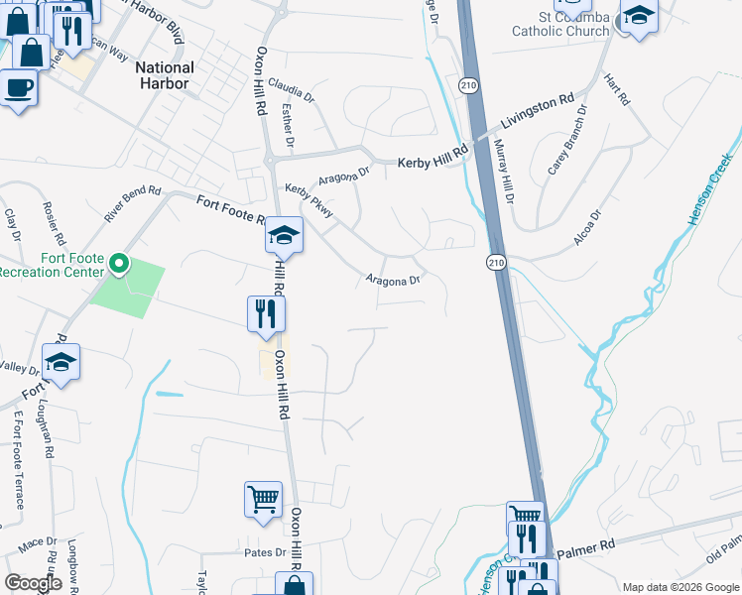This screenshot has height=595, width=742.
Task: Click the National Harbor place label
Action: coord(164,75)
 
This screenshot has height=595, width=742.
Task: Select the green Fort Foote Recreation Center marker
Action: coord(119,264)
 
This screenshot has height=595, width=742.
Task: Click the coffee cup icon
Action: coord(19,88)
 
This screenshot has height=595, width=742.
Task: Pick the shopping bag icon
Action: coord(31,52)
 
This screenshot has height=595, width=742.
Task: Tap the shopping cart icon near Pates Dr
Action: coord(263,499)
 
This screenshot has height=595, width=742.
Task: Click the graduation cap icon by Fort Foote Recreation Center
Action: coord(62,362)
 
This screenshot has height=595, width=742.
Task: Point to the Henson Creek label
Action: coord(711,187)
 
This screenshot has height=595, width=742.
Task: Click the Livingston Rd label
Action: coord(538,112)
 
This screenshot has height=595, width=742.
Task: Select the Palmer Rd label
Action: coord(588,547)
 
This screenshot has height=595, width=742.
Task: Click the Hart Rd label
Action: coord(618,92)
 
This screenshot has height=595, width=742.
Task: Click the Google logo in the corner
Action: coord(33,583)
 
